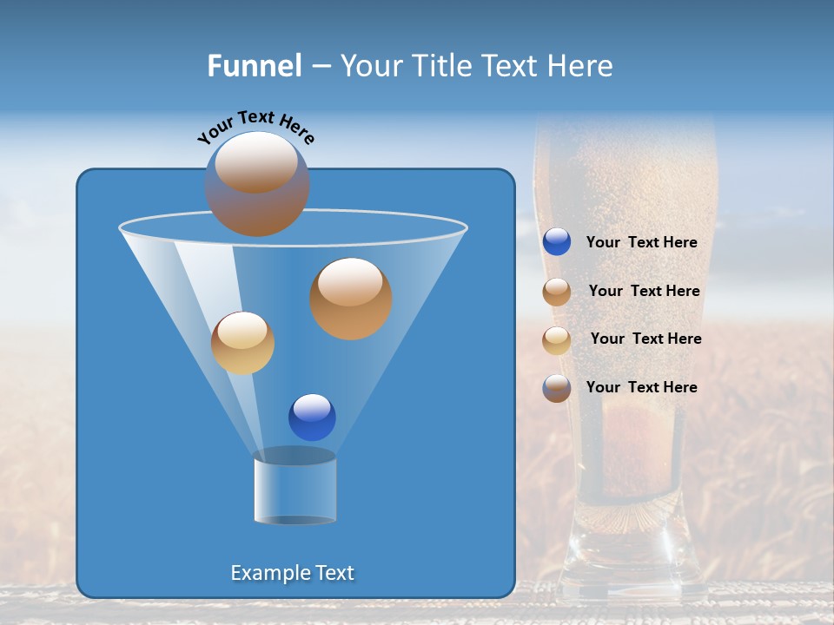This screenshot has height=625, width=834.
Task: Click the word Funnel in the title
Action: [254, 66]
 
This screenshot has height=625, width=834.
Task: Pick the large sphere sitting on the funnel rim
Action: [256, 184]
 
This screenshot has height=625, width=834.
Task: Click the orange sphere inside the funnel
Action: [350, 299]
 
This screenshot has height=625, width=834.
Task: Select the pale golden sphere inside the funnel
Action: [242, 343]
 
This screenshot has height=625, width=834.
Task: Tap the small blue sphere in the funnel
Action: [312, 417]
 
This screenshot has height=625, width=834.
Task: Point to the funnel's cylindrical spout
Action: [295, 489]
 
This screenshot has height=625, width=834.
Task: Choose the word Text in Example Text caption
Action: [334, 573]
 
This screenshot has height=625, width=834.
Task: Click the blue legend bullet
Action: [557, 242]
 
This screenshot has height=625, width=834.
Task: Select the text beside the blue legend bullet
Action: [641, 243]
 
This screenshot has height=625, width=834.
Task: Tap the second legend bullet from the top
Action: [557, 292]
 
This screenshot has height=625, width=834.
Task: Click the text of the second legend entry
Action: [644, 292]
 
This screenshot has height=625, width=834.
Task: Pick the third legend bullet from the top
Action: [557, 339]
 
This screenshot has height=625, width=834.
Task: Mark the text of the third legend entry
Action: [645, 339]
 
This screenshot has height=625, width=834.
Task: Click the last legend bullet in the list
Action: [557, 388]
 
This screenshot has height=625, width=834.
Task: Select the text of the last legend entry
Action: [641, 387]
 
